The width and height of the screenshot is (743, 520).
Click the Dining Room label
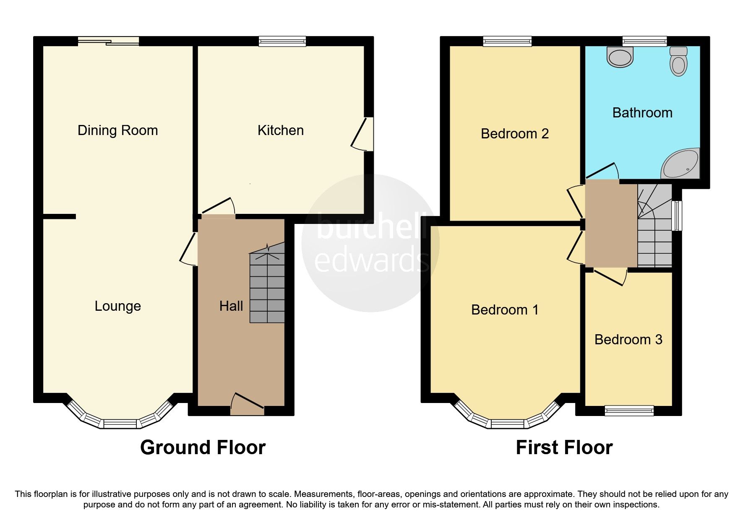(x=117, y=130)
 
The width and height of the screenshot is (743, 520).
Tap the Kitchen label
(x=280, y=130)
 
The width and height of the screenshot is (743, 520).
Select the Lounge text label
(x=117, y=306)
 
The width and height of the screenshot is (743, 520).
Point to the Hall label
(x=231, y=306)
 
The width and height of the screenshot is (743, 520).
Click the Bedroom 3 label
(x=628, y=339)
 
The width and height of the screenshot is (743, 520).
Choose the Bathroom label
(x=642, y=113)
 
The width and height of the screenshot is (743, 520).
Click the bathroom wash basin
(x=620, y=57)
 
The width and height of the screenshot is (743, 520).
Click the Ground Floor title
(x=203, y=447)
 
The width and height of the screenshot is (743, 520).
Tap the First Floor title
(x=564, y=447)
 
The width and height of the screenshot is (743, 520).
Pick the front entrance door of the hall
(x=247, y=403)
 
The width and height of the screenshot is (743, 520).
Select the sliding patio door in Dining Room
(x=108, y=41)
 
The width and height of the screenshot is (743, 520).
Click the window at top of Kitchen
(x=282, y=41)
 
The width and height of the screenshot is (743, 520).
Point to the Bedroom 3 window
(x=629, y=411)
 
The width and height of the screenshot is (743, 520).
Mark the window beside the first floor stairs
(x=676, y=216)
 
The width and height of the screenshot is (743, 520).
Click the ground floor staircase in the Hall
(x=267, y=289)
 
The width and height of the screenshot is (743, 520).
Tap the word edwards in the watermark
(x=371, y=260)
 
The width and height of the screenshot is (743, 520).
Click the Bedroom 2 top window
(x=507, y=41)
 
